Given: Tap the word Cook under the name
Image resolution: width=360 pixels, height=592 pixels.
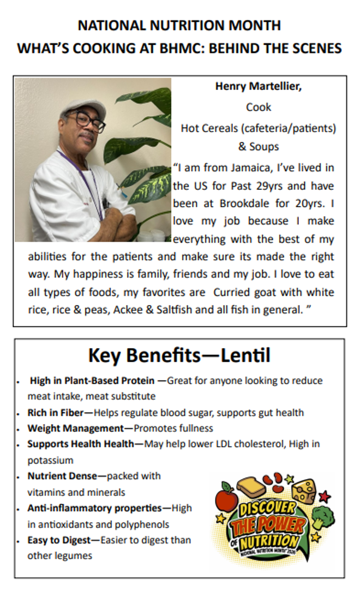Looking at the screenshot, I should tap(259, 107).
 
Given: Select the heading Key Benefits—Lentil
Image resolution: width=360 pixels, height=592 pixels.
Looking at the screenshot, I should tap(179, 356).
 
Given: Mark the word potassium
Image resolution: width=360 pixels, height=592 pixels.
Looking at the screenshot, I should tap(50, 460).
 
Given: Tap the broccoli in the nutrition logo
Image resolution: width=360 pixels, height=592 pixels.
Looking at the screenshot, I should tap(323, 516).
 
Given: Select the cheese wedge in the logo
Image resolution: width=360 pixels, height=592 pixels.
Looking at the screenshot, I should tap(303, 492).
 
